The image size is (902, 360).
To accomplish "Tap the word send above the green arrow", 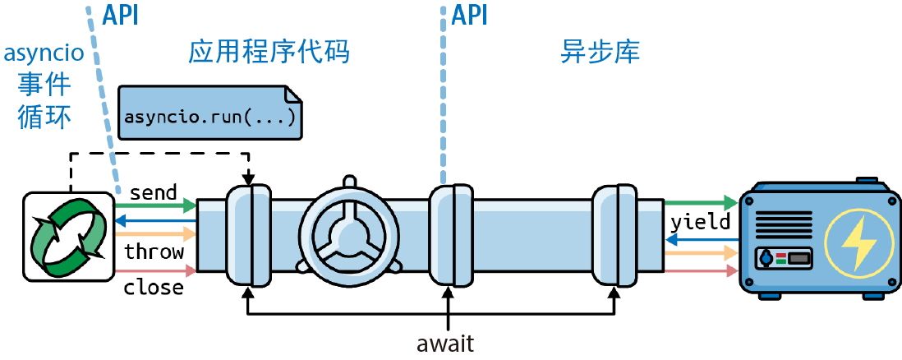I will coord(154,192).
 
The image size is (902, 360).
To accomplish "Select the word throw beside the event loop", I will coord(154,252).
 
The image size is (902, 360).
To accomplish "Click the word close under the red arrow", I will coord(154,288).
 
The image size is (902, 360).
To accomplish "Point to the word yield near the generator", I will coord(700,222).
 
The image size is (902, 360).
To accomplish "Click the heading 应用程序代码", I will coord(269,53).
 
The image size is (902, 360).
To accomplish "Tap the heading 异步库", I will coord(601,53).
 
